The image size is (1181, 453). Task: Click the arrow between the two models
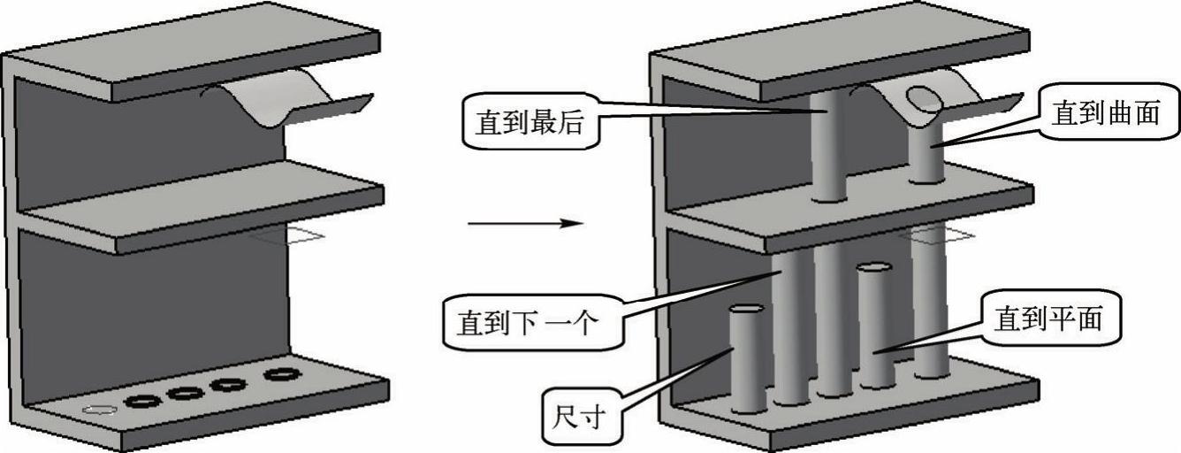(525, 223)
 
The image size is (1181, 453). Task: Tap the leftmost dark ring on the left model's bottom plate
(141, 401)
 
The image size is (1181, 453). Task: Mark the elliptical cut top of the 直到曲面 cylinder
(926, 98)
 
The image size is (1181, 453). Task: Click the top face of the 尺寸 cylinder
(746, 309)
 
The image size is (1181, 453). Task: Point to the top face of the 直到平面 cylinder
(873, 267)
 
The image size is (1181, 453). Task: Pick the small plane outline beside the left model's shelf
(292, 235)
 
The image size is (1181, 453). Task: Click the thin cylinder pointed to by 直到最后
(829, 146)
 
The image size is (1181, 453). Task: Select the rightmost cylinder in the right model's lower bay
(928, 301)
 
